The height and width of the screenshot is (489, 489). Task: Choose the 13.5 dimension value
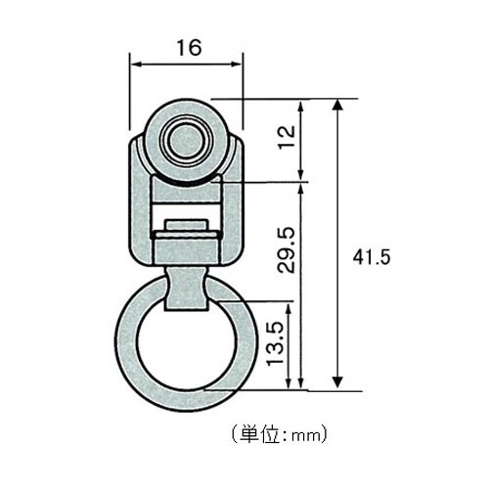pyautogui.click(x=280, y=341)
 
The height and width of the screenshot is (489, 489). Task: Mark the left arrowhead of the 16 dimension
pyautogui.click(x=135, y=65)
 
